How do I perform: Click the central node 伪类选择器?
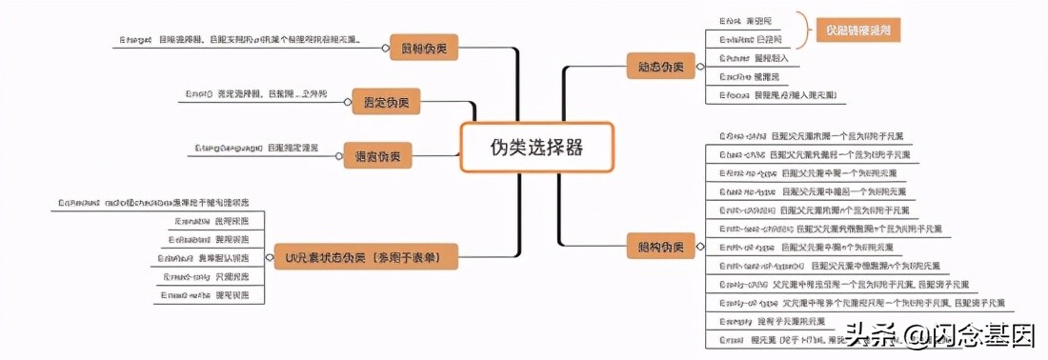point(535,147)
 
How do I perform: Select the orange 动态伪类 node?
point(654,67)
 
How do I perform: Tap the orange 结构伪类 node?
point(654,247)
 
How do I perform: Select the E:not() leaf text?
point(255,93)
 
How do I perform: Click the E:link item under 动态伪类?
point(750,20)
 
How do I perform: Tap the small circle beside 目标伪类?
point(393,47)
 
